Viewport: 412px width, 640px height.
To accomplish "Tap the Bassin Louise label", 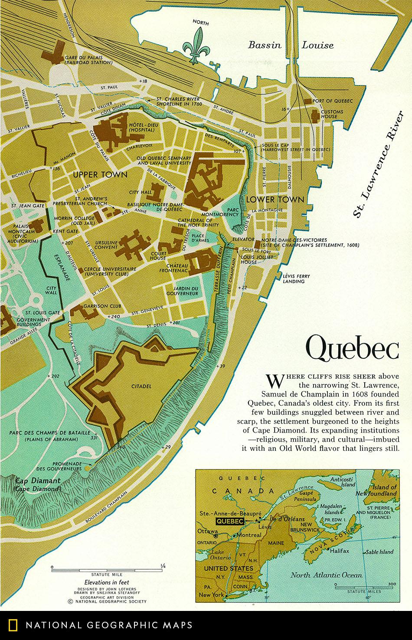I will pos(291,45).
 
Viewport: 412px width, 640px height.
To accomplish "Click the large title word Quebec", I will pos(352,349).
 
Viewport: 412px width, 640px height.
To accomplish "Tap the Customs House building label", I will pos(332,114).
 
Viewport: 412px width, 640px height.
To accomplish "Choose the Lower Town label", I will pos(275,200).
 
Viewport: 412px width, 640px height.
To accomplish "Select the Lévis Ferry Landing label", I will pos(294,278).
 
